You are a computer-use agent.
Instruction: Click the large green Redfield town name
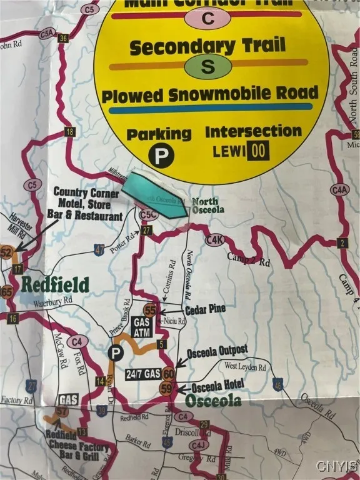click(x=56, y=286)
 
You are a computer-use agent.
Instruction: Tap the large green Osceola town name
click(x=211, y=400)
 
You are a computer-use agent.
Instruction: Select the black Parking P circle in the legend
click(x=160, y=156)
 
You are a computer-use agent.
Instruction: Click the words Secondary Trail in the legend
click(x=207, y=46)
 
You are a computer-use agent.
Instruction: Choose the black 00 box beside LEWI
click(x=258, y=151)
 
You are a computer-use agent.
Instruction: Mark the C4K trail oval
click(x=214, y=239)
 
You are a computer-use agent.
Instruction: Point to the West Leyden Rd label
click(x=245, y=365)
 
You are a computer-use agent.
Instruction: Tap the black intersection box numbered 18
click(x=69, y=131)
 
